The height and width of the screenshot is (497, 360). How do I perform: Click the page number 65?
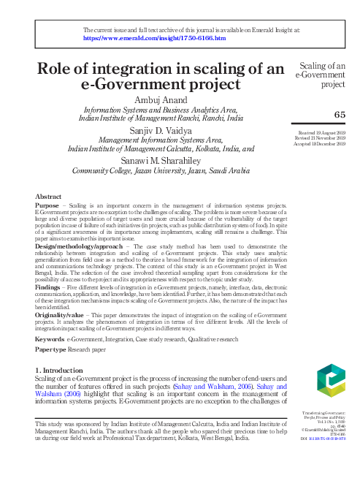340,114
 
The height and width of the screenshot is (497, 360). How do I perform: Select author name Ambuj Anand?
161,99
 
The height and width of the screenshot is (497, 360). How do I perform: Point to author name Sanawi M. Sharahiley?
161,160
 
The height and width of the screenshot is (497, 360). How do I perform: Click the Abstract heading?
48,197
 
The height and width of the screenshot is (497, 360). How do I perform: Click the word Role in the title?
61,69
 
